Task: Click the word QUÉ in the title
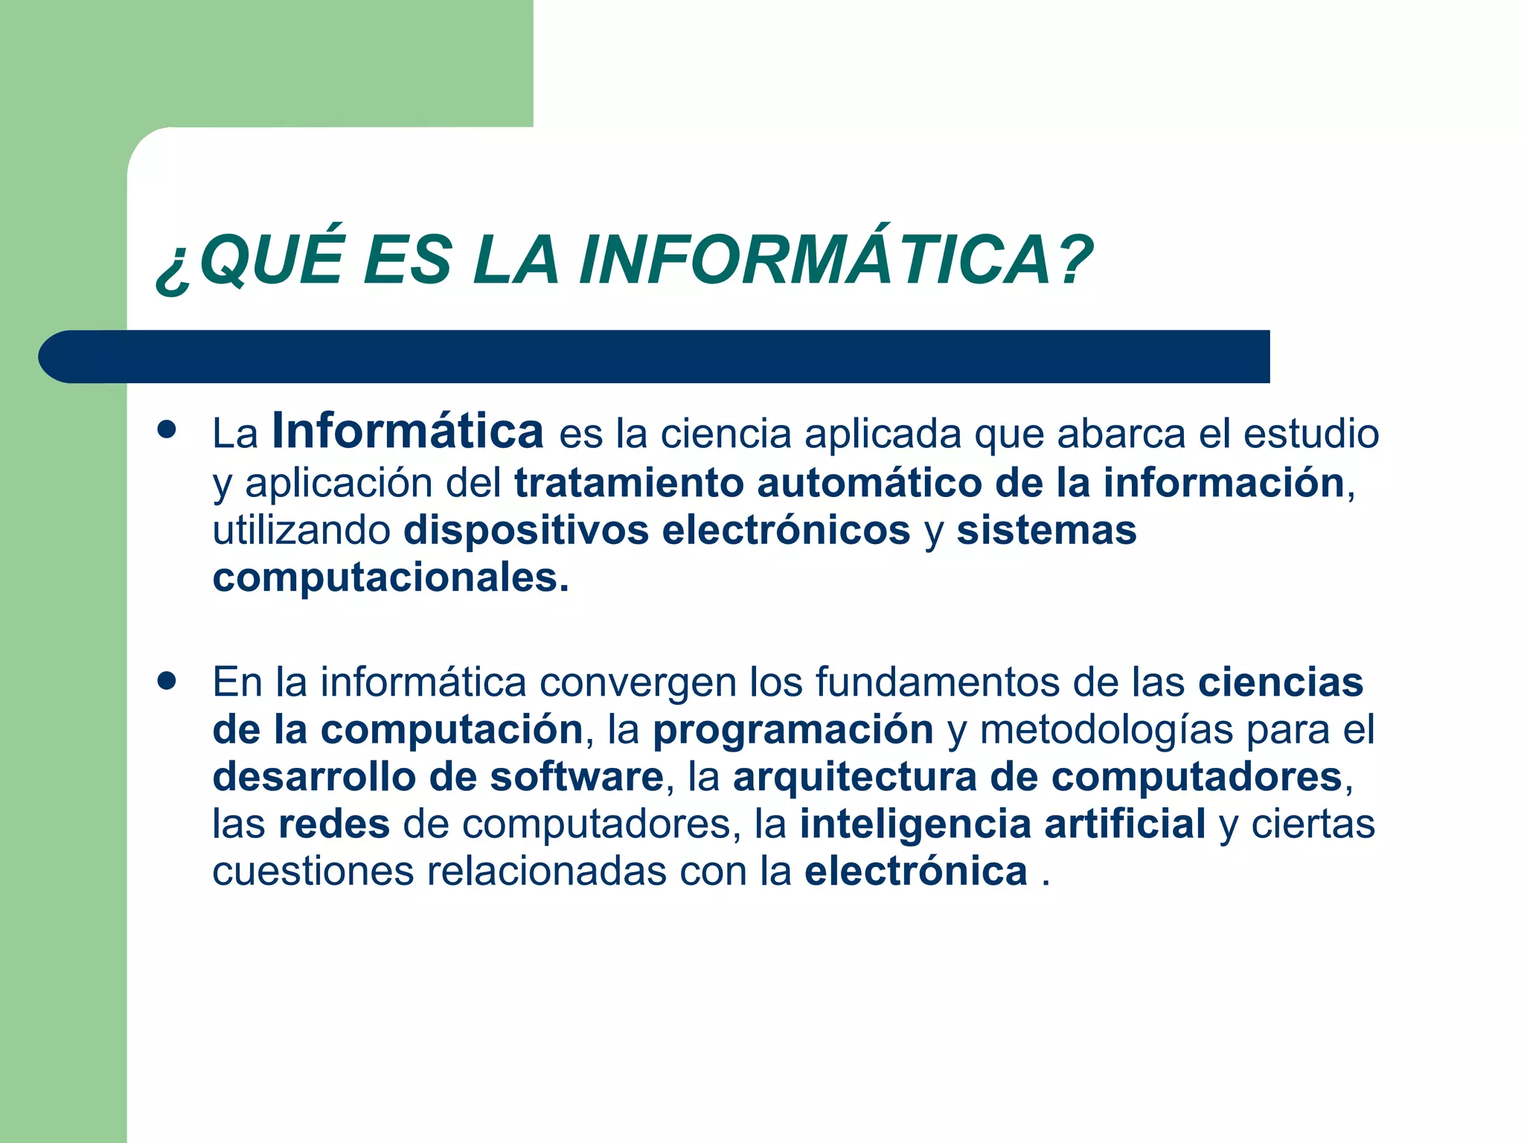[272, 260]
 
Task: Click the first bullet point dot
[167, 430]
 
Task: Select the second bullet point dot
[167, 680]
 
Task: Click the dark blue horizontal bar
[655, 356]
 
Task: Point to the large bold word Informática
[408, 432]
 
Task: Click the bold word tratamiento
[629, 482]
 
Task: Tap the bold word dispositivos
[525, 531]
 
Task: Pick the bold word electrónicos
[786, 531]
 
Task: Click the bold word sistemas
[1046, 531]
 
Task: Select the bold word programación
[793, 730]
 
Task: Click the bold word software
[576, 777]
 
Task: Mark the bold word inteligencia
[915, 825]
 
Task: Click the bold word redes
[334, 825]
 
